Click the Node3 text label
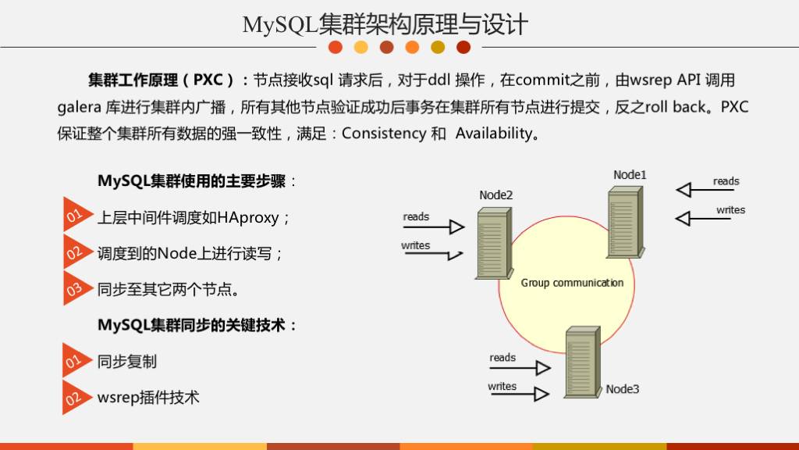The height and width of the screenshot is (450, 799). [x=623, y=389]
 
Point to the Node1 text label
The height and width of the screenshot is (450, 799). [x=630, y=174]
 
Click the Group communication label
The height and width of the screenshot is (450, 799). [x=572, y=283]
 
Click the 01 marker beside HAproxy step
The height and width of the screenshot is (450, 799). [x=74, y=216]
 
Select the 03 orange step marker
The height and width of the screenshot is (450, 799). [x=74, y=289]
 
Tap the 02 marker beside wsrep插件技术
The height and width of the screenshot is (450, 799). [x=74, y=398]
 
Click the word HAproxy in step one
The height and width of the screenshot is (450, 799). [x=248, y=218]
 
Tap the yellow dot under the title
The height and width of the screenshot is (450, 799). [x=360, y=48]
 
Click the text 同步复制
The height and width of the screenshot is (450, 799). [x=127, y=362]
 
